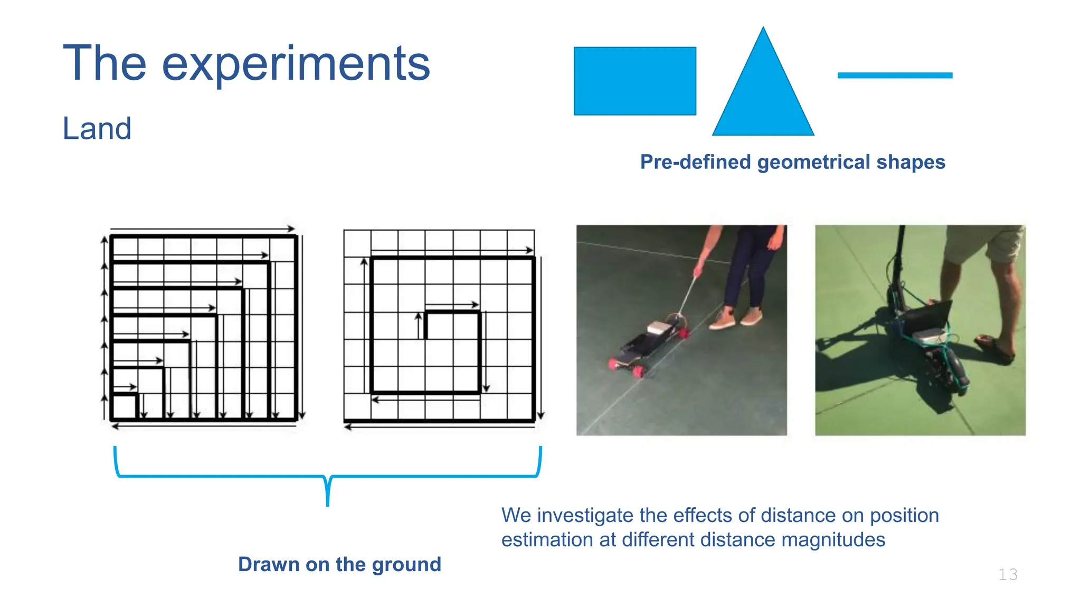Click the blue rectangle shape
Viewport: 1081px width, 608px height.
tap(634, 81)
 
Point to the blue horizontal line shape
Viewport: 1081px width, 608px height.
tap(895, 75)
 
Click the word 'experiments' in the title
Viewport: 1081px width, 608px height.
tap(296, 64)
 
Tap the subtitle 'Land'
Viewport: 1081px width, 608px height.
tap(97, 128)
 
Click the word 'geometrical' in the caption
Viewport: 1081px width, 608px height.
tap(814, 162)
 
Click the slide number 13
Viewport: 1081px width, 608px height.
tap(1008, 574)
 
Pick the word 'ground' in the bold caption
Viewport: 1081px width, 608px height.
tap(406, 565)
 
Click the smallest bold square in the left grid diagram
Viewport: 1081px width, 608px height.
tap(125, 406)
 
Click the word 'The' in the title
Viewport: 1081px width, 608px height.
tap(105, 64)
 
